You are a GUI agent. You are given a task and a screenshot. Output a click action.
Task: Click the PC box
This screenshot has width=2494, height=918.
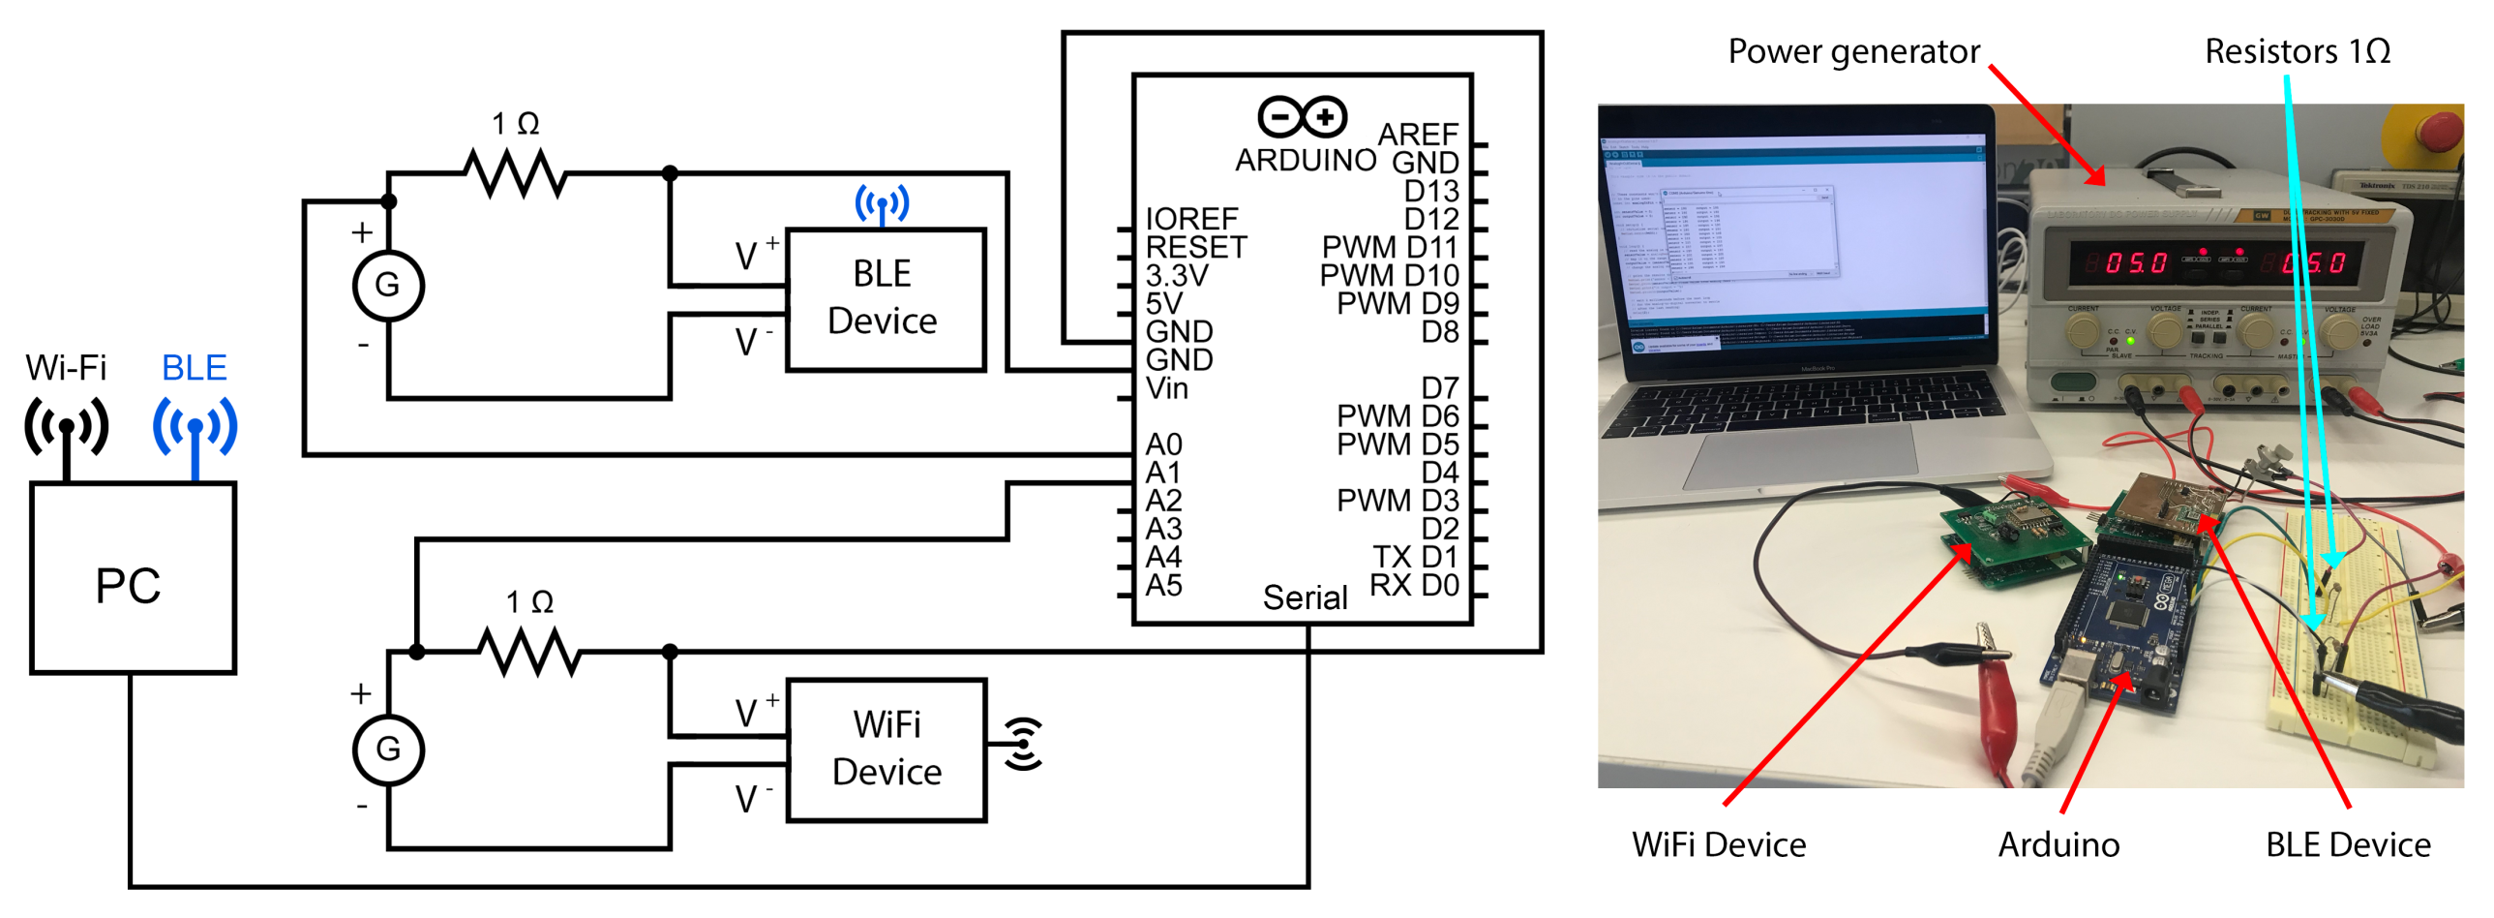pyautogui.click(x=133, y=579)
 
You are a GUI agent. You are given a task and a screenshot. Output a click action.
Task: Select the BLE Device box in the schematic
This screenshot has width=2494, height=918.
pyautogui.click(x=885, y=299)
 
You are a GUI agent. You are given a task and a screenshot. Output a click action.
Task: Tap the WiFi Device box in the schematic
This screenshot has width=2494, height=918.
pyautogui.click(x=886, y=750)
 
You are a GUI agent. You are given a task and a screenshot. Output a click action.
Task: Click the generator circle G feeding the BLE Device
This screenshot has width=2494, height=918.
pyautogui.click(x=388, y=286)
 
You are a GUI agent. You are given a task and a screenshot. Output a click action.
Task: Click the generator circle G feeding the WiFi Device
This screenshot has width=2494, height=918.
pyautogui.click(x=388, y=749)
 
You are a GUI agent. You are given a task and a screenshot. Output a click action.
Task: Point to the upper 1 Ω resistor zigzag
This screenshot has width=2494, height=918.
pyautogui.click(x=515, y=174)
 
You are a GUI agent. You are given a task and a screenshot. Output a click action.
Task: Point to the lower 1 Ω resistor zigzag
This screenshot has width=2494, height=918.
pyautogui.click(x=529, y=652)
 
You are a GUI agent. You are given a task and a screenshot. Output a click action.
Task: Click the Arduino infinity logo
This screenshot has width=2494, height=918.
pyautogui.click(x=1303, y=118)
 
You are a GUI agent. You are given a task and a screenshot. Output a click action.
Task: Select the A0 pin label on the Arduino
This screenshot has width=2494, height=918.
pyautogui.click(x=1162, y=444)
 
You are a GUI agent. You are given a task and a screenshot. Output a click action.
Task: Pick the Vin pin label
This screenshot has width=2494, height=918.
pyautogui.click(x=1166, y=388)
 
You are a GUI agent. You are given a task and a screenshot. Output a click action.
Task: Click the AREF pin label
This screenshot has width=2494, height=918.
pyautogui.click(x=1418, y=134)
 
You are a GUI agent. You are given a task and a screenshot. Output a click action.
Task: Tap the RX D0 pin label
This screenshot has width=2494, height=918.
pyautogui.click(x=1414, y=585)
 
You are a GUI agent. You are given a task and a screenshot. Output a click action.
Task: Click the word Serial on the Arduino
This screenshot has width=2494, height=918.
pyautogui.click(x=1305, y=597)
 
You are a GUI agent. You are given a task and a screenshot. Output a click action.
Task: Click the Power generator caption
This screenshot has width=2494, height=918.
pyautogui.click(x=1853, y=50)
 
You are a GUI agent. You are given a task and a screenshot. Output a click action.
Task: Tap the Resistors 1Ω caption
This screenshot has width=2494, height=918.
pyautogui.click(x=2297, y=50)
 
